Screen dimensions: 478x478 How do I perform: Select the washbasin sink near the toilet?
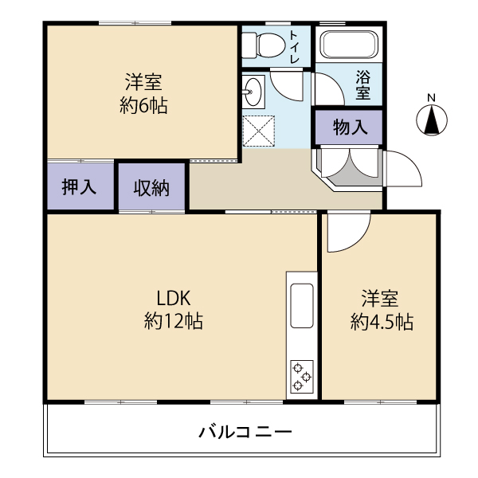tap(253, 92)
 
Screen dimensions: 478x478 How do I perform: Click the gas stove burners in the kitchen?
tap(302, 377)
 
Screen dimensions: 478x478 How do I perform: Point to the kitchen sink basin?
tap(302, 306)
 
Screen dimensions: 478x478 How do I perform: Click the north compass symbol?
tap(431, 120)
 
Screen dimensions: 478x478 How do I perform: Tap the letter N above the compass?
tap(431, 98)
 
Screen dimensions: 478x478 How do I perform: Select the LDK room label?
tap(174, 298)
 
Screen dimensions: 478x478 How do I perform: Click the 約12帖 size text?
tap(174, 321)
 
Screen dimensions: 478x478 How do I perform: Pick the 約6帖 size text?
tap(143, 106)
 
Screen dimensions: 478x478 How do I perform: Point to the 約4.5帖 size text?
tap(382, 322)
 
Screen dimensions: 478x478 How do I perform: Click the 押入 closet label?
tap(79, 186)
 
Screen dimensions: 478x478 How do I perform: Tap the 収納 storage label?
tap(151, 188)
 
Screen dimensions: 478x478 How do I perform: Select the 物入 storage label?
tap(350, 127)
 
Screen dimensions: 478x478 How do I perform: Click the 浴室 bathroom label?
tap(363, 85)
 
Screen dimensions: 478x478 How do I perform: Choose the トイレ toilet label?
tap(294, 46)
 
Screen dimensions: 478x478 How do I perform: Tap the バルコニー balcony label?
tap(245, 432)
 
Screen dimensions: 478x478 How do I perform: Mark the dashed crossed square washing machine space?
tap(259, 131)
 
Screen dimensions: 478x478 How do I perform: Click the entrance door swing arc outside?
tap(404, 169)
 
